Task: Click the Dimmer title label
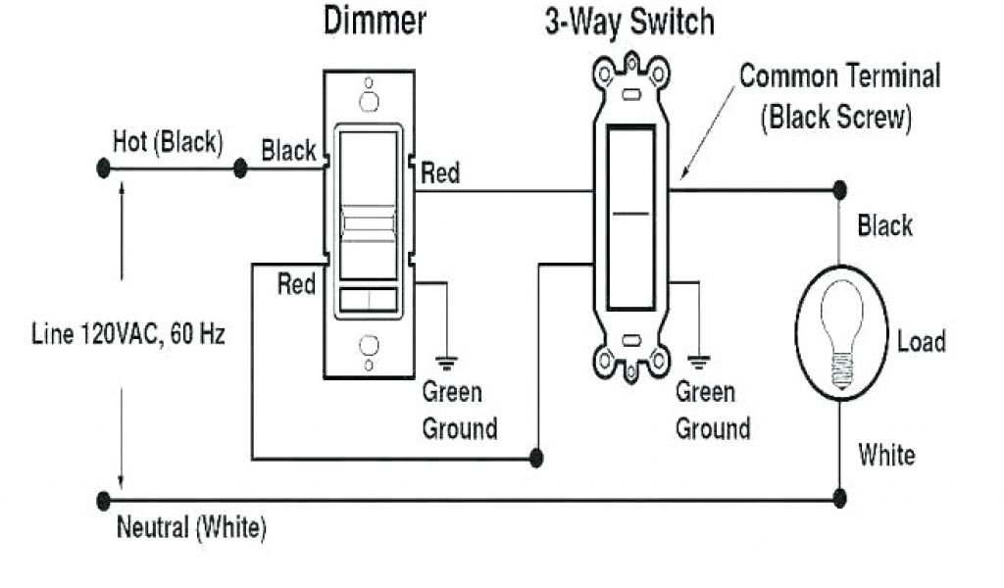point(375,23)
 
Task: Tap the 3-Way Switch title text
point(629,23)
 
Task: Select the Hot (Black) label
point(168,141)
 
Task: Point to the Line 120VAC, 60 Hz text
point(126,334)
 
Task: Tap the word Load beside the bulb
point(921,342)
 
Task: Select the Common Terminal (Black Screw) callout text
point(839,97)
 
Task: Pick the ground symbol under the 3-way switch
point(698,361)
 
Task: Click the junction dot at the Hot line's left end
point(103,169)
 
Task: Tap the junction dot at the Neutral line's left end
point(103,500)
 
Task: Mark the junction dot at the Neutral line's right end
point(839,499)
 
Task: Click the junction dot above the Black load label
point(839,190)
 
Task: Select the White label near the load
point(886,455)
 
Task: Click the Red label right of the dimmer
point(440,174)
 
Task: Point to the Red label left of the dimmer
point(296,284)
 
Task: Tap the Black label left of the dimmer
point(288,151)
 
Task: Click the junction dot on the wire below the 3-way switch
point(536,458)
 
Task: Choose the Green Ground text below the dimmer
point(459,411)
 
